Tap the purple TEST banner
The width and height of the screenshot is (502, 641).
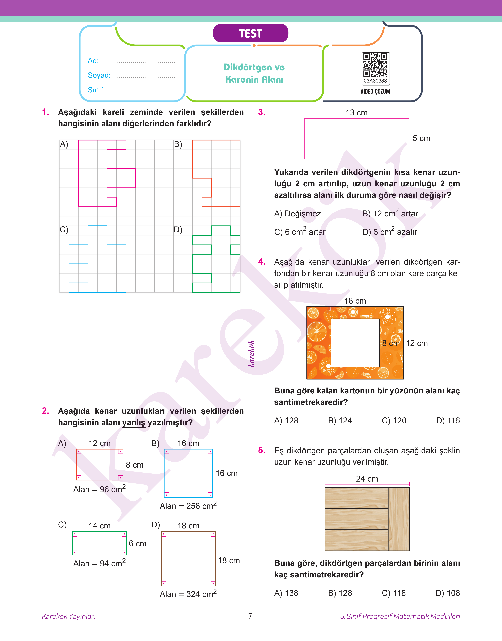[x=250, y=33]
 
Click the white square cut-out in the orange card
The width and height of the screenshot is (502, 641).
[x=355, y=343]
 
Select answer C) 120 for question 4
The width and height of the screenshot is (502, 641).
[x=394, y=420]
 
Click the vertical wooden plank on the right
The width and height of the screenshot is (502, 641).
[x=399, y=519]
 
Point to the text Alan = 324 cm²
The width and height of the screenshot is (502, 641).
[x=188, y=594]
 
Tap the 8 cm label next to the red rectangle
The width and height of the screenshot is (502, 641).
[x=135, y=465]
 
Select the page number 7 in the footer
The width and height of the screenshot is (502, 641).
[x=250, y=616]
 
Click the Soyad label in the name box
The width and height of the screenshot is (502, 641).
[x=99, y=76]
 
